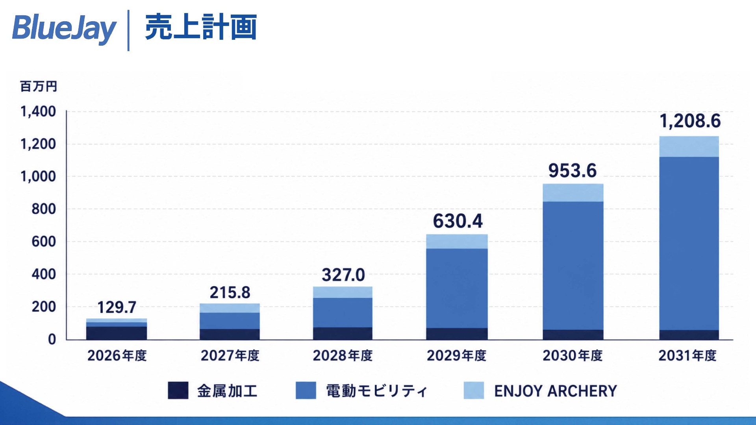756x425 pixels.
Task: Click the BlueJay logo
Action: click(x=64, y=28)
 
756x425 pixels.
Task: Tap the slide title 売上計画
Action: click(x=201, y=27)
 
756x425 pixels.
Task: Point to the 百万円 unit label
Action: click(x=39, y=86)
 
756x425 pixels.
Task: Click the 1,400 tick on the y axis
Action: click(x=38, y=111)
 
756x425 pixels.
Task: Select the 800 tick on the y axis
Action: click(x=44, y=209)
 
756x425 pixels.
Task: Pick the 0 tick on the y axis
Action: click(x=52, y=339)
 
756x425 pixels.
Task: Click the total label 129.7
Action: click(x=117, y=307)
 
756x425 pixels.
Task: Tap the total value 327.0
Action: click(x=343, y=275)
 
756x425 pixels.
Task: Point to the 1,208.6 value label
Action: click(x=690, y=121)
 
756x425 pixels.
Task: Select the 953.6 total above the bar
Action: click(x=573, y=170)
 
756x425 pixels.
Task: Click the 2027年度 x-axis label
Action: click(x=230, y=355)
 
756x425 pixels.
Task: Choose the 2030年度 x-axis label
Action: click(x=573, y=355)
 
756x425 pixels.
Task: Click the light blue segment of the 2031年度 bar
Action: click(x=689, y=146)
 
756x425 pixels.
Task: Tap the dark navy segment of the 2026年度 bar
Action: click(x=117, y=333)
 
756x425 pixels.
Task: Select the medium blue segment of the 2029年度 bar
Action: click(x=457, y=288)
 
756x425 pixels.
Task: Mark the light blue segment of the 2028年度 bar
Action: click(x=343, y=292)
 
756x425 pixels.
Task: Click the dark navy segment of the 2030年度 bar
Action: click(x=573, y=334)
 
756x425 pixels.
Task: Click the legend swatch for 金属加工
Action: click(x=178, y=390)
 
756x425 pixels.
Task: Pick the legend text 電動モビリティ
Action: click(x=376, y=391)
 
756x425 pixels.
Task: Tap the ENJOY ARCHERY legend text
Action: click(x=556, y=391)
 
